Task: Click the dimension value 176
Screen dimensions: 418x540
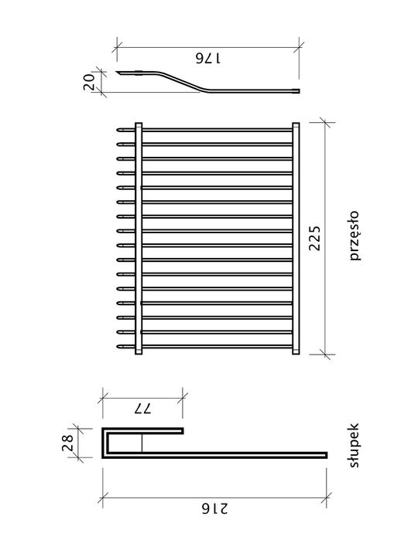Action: [x=208, y=59]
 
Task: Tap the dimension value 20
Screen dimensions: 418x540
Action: [x=89, y=82]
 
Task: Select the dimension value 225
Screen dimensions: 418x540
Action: [x=314, y=238]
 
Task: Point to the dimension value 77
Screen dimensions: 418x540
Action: [x=142, y=409]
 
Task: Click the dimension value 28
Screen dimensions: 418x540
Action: [x=67, y=443]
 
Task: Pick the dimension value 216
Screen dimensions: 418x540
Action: [x=214, y=508]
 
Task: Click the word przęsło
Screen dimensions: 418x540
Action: [x=355, y=236]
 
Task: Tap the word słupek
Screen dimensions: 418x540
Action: [x=355, y=445]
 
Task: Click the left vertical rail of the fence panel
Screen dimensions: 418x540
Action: [x=139, y=238]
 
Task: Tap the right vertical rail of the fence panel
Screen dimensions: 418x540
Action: [x=296, y=238]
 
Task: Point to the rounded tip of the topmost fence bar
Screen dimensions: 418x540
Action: [x=118, y=131]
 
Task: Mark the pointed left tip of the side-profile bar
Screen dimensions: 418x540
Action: [x=116, y=72]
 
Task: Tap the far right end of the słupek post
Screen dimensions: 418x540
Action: [x=327, y=455]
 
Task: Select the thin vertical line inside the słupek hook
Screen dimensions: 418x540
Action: [x=142, y=443]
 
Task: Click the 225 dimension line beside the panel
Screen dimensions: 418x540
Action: [x=325, y=238]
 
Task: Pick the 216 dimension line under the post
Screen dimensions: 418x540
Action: [x=214, y=498]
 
